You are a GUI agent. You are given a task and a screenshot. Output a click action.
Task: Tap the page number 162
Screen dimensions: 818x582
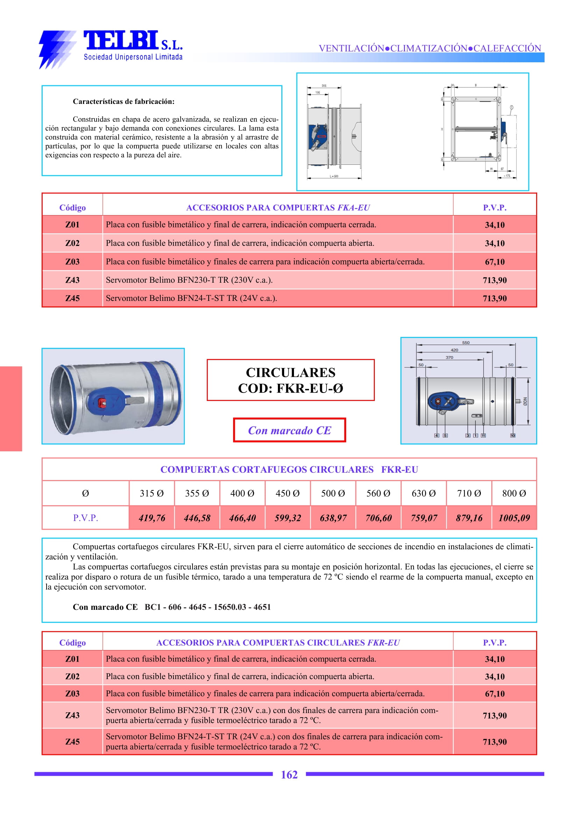289,775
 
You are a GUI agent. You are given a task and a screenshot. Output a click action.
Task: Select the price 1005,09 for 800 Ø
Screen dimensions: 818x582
514,518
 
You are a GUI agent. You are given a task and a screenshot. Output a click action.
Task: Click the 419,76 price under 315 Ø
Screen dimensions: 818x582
152,518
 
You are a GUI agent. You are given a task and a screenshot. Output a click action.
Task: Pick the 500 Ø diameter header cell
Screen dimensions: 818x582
333,493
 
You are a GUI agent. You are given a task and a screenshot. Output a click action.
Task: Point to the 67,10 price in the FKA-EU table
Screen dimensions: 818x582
495,262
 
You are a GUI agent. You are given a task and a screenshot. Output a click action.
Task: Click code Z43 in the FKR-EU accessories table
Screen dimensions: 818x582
72,715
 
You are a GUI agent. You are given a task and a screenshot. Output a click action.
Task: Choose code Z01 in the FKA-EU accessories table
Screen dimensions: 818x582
72,225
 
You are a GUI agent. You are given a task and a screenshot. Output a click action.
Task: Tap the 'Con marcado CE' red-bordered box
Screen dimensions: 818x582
289,430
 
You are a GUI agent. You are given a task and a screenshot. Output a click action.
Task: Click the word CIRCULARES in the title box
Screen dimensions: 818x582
290,373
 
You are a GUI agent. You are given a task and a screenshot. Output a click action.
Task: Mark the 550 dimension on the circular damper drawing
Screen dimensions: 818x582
465,343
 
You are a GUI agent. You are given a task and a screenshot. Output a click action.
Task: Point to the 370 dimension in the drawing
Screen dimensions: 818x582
449,357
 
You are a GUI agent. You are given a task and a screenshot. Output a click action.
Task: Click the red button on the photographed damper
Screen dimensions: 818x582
101,403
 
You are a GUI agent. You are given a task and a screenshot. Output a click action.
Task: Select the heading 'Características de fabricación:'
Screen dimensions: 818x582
124,101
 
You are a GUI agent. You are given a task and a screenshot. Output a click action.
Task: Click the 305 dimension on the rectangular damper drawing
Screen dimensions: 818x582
324,86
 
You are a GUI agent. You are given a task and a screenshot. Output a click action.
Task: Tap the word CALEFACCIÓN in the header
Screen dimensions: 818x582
507,48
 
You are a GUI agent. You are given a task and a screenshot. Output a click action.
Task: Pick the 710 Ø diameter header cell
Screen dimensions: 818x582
469,493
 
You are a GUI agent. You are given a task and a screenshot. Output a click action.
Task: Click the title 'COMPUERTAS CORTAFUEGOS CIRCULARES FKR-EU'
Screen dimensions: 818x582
289,470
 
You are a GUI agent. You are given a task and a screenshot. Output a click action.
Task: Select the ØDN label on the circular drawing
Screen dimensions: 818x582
525,401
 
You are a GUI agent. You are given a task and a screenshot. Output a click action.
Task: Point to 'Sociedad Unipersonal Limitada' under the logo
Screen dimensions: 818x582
133,57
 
